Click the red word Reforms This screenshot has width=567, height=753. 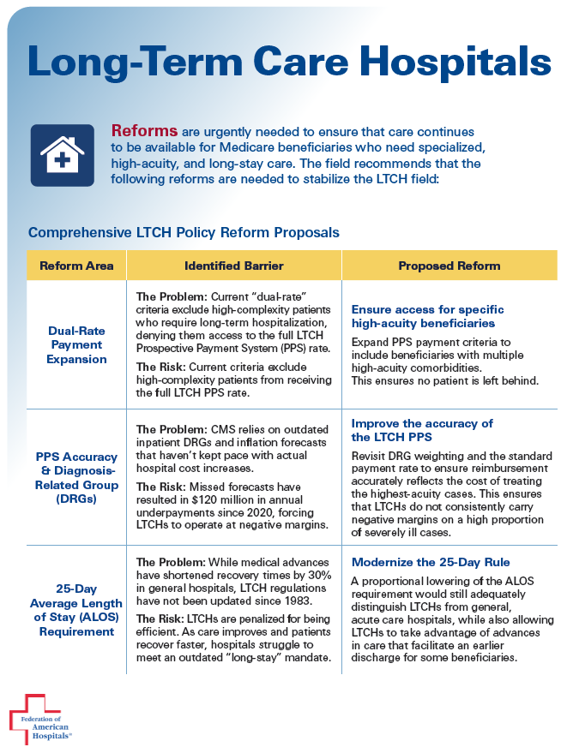144,131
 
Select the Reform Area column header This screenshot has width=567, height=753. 76,266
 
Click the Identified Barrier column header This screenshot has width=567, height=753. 233,266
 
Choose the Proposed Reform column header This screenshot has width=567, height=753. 449,266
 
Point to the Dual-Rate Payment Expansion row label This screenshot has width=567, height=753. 77,344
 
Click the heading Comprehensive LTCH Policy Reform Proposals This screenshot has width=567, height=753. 184,232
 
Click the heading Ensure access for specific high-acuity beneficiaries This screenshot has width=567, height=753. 428,316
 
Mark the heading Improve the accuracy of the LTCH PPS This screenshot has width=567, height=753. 422,430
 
